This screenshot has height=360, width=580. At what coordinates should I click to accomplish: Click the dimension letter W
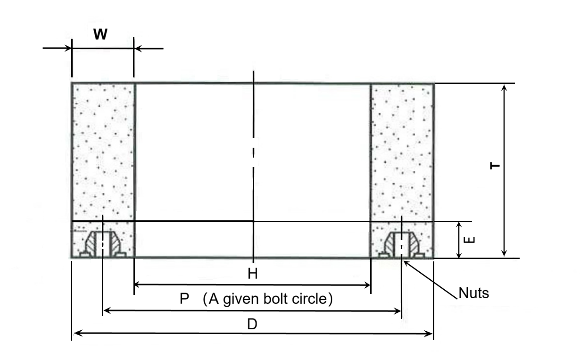coord(100,34)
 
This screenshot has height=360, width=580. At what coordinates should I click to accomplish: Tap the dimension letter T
coord(495,166)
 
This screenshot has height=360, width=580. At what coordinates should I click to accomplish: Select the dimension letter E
coord(469,240)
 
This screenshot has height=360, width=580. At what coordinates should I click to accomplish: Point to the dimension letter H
coord(253,274)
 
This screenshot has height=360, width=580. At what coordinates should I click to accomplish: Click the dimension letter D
coord(252,324)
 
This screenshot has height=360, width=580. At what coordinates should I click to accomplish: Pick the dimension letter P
coord(184,299)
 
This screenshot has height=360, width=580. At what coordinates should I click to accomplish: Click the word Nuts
coord(473,293)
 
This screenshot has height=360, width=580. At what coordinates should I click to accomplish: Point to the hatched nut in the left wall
coord(103,244)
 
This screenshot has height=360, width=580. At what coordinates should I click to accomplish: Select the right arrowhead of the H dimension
coord(367,285)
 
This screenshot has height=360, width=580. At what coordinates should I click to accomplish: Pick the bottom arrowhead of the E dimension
coord(458,255)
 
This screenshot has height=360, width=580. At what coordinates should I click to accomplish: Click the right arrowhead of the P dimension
coord(397,311)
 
